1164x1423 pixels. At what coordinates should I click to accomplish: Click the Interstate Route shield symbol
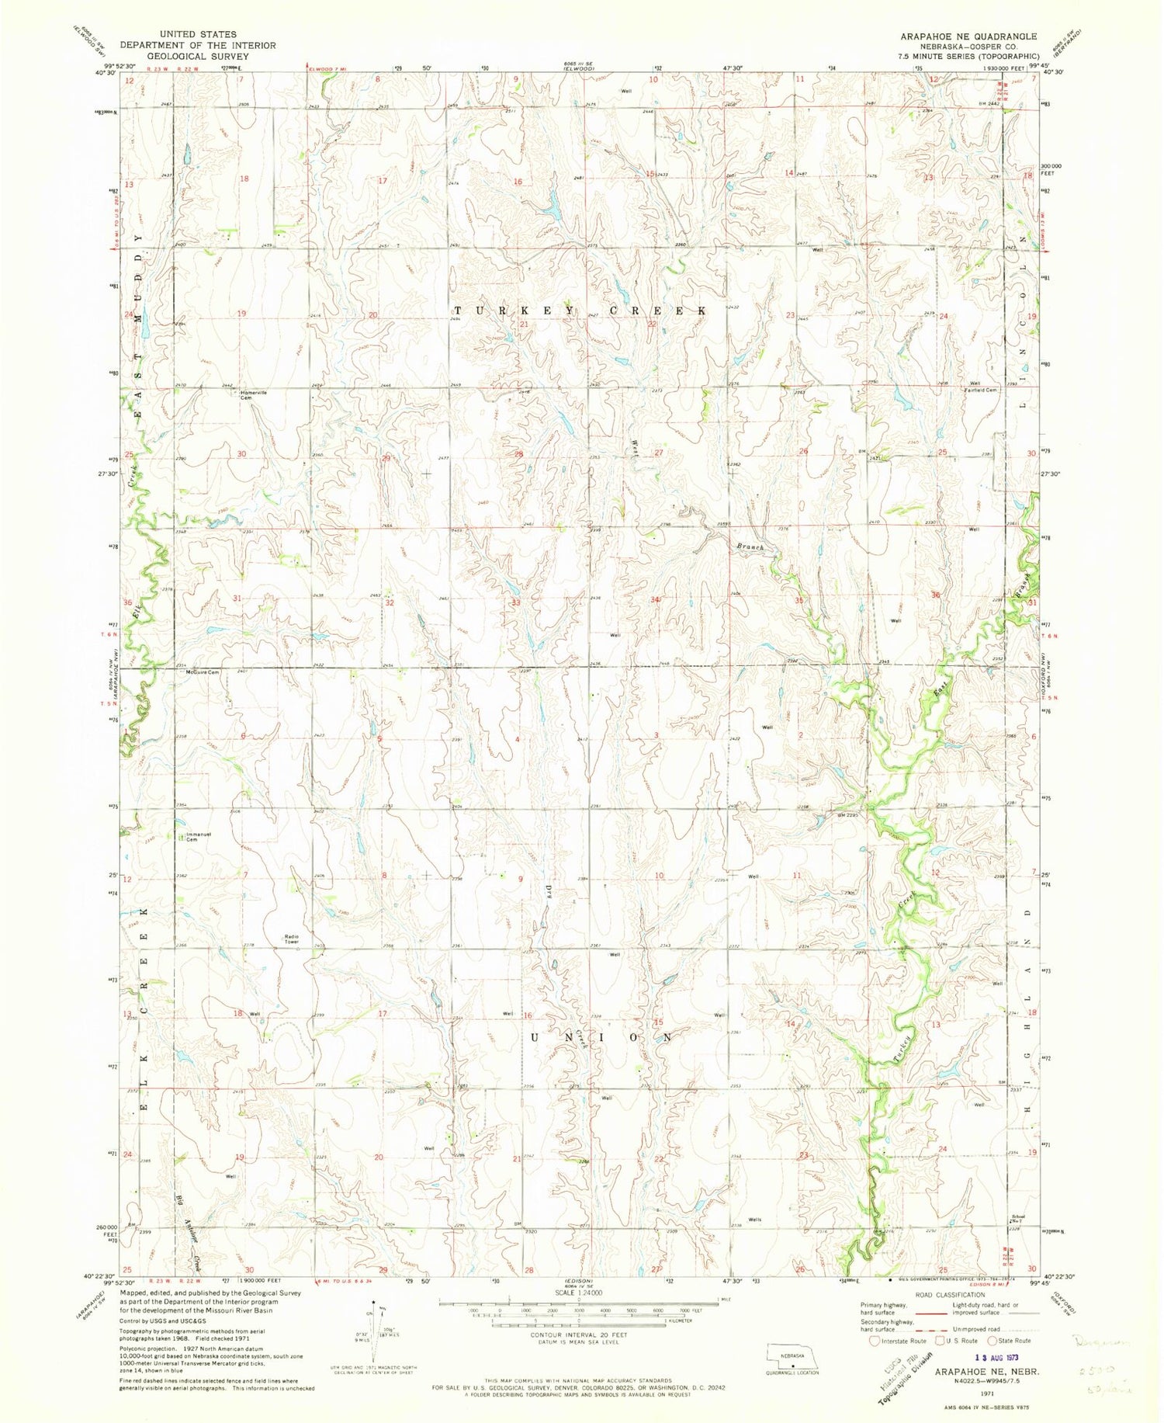click(875, 1341)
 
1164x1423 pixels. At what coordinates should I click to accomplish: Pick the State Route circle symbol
click(992, 1341)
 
